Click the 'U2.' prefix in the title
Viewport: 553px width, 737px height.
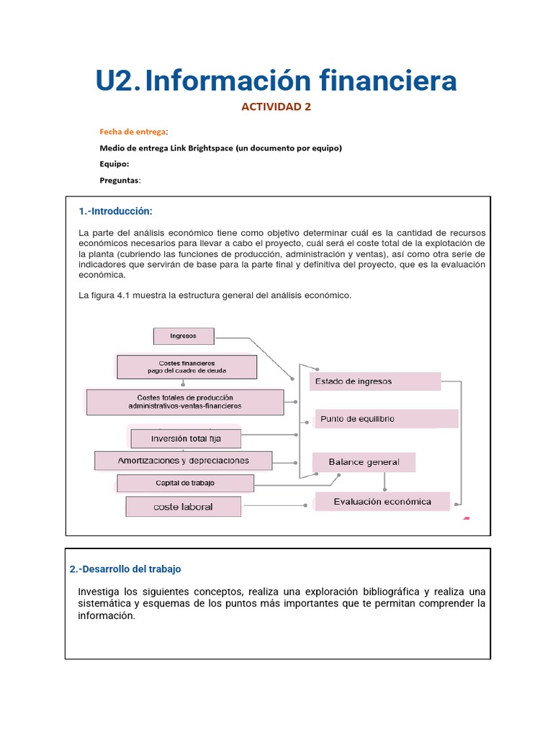pos(117,81)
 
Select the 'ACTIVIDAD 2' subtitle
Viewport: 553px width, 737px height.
pos(276,107)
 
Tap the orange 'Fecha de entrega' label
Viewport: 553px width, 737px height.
pos(132,132)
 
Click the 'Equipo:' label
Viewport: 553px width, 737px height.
pos(114,164)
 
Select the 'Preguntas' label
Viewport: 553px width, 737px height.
pos(120,181)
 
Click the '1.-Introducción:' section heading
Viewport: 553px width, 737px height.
pos(116,211)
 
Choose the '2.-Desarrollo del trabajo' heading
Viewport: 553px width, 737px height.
pos(125,569)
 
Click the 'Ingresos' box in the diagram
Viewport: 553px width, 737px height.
pos(184,336)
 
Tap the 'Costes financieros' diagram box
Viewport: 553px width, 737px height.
pos(186,366)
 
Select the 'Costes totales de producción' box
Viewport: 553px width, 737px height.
pos(185,402)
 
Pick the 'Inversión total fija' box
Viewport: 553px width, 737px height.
pos(185,438)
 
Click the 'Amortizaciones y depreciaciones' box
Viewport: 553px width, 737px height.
pos(184,461)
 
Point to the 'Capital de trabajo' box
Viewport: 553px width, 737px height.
pos(185,483)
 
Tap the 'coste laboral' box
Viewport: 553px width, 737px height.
pos(183,507)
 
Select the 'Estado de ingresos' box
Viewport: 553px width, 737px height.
pos(375,381)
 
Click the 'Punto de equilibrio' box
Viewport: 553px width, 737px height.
pos(387,419)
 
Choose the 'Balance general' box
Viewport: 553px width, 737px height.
pos(364,462)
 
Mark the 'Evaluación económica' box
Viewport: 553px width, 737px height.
pos(382,502)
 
